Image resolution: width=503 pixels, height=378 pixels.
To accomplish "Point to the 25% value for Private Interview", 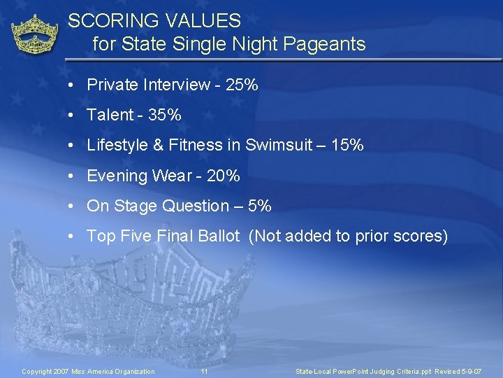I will [x=242, y=85].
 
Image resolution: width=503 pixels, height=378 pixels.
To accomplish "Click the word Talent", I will [x=110, y=115].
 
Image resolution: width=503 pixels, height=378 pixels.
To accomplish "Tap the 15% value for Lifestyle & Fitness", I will [x=347, y=145].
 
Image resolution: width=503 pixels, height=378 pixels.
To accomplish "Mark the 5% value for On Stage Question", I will [x=260, y=206].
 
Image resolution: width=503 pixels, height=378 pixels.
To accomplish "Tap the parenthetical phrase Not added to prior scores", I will [x=348, y=236].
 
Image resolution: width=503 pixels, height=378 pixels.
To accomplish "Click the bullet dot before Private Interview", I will [x=72, y=85].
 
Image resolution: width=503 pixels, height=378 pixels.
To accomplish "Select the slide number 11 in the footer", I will [x=204, y=371].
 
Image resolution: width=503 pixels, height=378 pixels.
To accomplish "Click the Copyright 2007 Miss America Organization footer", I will [x=88, y=371].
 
